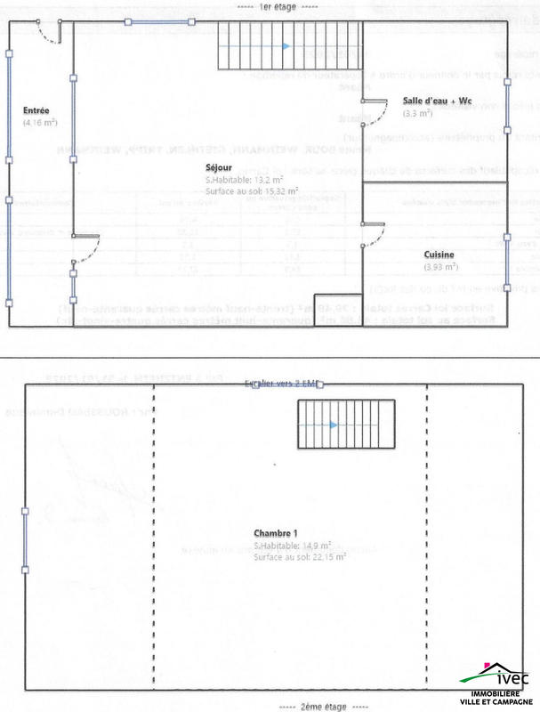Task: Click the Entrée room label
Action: pyautogui.click(x=36, y=110)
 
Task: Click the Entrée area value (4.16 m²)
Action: pyautogui.click(x=40, y=121)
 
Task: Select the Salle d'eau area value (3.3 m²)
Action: pyautogui.click(x=417, y=114)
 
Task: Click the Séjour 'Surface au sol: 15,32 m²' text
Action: pyautogui.click(x=251, y=190)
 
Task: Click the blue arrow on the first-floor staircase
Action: pyautogui.click(x=285, y=45)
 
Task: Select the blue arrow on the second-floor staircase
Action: pyautogui.click(x=333, y=425)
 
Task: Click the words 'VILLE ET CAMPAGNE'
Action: pyautogui.click(x=497, y=703)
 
